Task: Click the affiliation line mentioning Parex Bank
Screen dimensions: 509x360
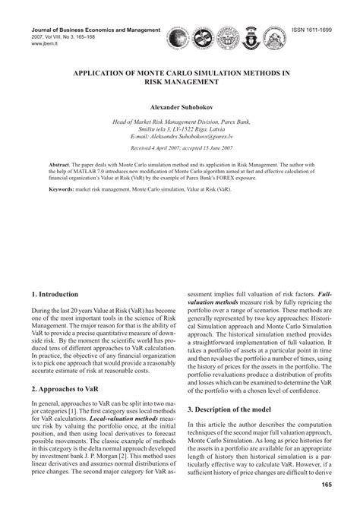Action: [x=180, y=119]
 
